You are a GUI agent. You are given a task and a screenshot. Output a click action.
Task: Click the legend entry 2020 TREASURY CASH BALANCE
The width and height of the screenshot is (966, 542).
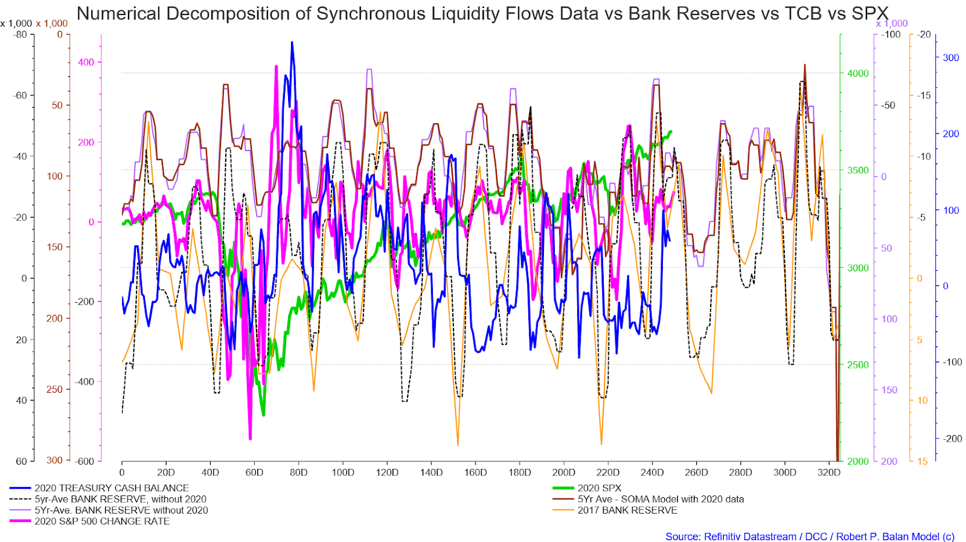[x=111, y=488]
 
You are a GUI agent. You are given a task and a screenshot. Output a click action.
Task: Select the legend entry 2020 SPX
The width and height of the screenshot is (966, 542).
[x=599, y=488]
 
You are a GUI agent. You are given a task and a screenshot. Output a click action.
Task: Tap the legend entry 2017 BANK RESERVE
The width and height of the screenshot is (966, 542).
[x=627, y=510]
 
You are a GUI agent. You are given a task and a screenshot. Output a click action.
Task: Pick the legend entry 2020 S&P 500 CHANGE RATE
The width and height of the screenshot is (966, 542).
[x=101, y=521]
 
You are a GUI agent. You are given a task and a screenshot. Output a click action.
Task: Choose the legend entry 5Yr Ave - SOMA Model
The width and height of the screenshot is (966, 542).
[x=661, y=499]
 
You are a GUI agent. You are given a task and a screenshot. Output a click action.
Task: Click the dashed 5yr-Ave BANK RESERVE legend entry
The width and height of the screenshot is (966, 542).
[x=120, y=499]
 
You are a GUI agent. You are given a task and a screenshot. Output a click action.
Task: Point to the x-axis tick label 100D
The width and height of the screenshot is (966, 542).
[x=342, y=473]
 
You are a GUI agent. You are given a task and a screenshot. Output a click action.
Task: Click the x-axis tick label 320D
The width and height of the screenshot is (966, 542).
[x=828, y=473]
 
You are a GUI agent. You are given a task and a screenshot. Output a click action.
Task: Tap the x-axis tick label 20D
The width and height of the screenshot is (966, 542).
[x=166, y=473]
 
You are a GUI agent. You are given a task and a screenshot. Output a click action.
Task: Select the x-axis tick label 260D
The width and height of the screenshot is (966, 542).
[x=696, y=473]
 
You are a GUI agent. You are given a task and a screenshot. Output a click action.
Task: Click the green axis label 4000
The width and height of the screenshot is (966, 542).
[x=858, y=73]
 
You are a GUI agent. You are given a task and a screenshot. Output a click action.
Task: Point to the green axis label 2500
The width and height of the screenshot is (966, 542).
[x=858, y=364]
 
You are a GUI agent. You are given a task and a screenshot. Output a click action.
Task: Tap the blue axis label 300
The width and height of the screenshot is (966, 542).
[x=951, y=57]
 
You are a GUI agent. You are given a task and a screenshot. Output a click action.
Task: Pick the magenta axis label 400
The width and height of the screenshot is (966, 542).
[x=86, y=62]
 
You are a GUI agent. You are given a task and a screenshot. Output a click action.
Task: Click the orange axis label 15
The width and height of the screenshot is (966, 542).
[x=922, y=461]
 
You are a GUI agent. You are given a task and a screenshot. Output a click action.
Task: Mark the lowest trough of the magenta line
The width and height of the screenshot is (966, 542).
[x=250, y=439]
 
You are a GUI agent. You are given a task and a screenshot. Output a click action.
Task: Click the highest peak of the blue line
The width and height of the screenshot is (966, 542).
[x=292, y=42]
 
